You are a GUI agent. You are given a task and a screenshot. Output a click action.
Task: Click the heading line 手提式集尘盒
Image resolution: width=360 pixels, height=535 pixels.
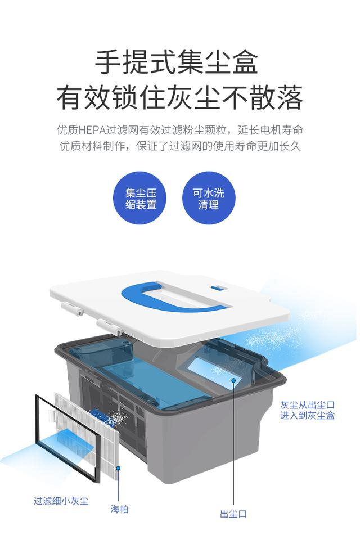176,62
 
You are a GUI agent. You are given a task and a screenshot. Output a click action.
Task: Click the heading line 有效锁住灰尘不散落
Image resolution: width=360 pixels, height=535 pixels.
180,98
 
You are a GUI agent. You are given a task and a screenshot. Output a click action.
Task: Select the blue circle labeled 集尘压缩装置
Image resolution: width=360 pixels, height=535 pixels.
141,198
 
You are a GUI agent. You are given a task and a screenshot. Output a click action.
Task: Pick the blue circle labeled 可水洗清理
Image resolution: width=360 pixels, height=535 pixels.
209,198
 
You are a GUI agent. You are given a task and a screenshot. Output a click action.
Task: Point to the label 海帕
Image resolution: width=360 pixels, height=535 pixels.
119,510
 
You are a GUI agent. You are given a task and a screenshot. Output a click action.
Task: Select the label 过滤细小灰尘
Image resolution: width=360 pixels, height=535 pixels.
61,501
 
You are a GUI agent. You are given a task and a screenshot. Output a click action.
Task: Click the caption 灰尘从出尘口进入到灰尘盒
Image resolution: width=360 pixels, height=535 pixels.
308,410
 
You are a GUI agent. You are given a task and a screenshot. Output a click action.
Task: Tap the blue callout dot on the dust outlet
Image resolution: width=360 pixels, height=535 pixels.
234,380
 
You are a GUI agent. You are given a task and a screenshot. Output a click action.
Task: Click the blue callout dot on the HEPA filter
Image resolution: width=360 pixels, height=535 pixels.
119,469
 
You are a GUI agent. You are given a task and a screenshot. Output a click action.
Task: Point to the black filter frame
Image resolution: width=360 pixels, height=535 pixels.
37,426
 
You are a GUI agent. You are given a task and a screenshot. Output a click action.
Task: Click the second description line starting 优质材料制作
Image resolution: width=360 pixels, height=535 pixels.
180,146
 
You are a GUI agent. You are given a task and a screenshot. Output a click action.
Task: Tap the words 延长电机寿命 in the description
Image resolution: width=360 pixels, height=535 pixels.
270,131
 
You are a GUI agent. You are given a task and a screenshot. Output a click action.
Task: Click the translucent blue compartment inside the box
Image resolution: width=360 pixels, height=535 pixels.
150,375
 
